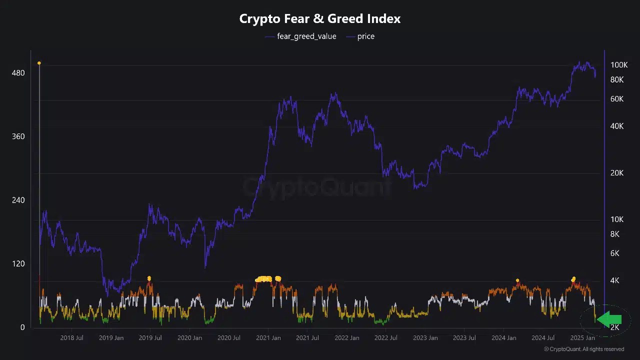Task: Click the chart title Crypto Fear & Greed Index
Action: point(320,19)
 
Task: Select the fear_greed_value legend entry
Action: point(306,36)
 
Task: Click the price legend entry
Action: point(365,36)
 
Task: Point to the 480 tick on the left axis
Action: point(18,73)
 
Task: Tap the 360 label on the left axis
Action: point(18,136)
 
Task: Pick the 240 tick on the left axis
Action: point(18,200)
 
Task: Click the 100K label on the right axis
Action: point(618,65)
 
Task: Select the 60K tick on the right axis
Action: point(616,99)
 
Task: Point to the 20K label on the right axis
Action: point(616,173)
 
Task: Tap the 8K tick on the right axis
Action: point(615,234)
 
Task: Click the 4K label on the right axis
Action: point(615,280)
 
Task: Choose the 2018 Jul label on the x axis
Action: point(71,338)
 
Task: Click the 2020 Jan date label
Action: point(189,338)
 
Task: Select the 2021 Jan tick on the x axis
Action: point(268,338)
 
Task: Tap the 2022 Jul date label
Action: point(386,338)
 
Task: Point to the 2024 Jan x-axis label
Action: point(504,338)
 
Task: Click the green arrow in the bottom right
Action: point(609,319)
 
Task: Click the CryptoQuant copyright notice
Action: point(583,349)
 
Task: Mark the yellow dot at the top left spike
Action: point(39,63)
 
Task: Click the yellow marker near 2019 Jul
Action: point(149,278)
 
